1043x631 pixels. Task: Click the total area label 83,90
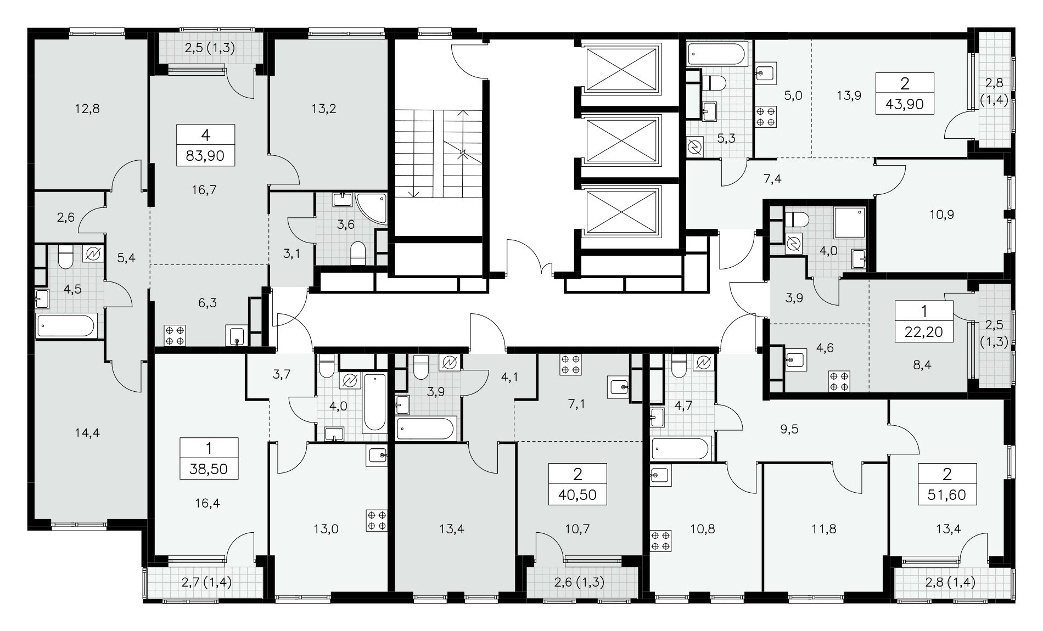pos(205,156)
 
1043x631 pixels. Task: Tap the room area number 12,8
pos(88,109)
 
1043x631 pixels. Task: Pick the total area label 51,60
pos(947,495)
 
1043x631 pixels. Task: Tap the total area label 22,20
pos(923,331)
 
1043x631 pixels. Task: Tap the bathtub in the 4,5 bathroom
pos(66,326)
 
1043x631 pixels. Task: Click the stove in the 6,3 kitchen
pos(175,335)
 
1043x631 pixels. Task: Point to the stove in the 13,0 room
pos(377,521)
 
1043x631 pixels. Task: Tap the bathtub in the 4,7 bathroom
pos(682,449)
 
